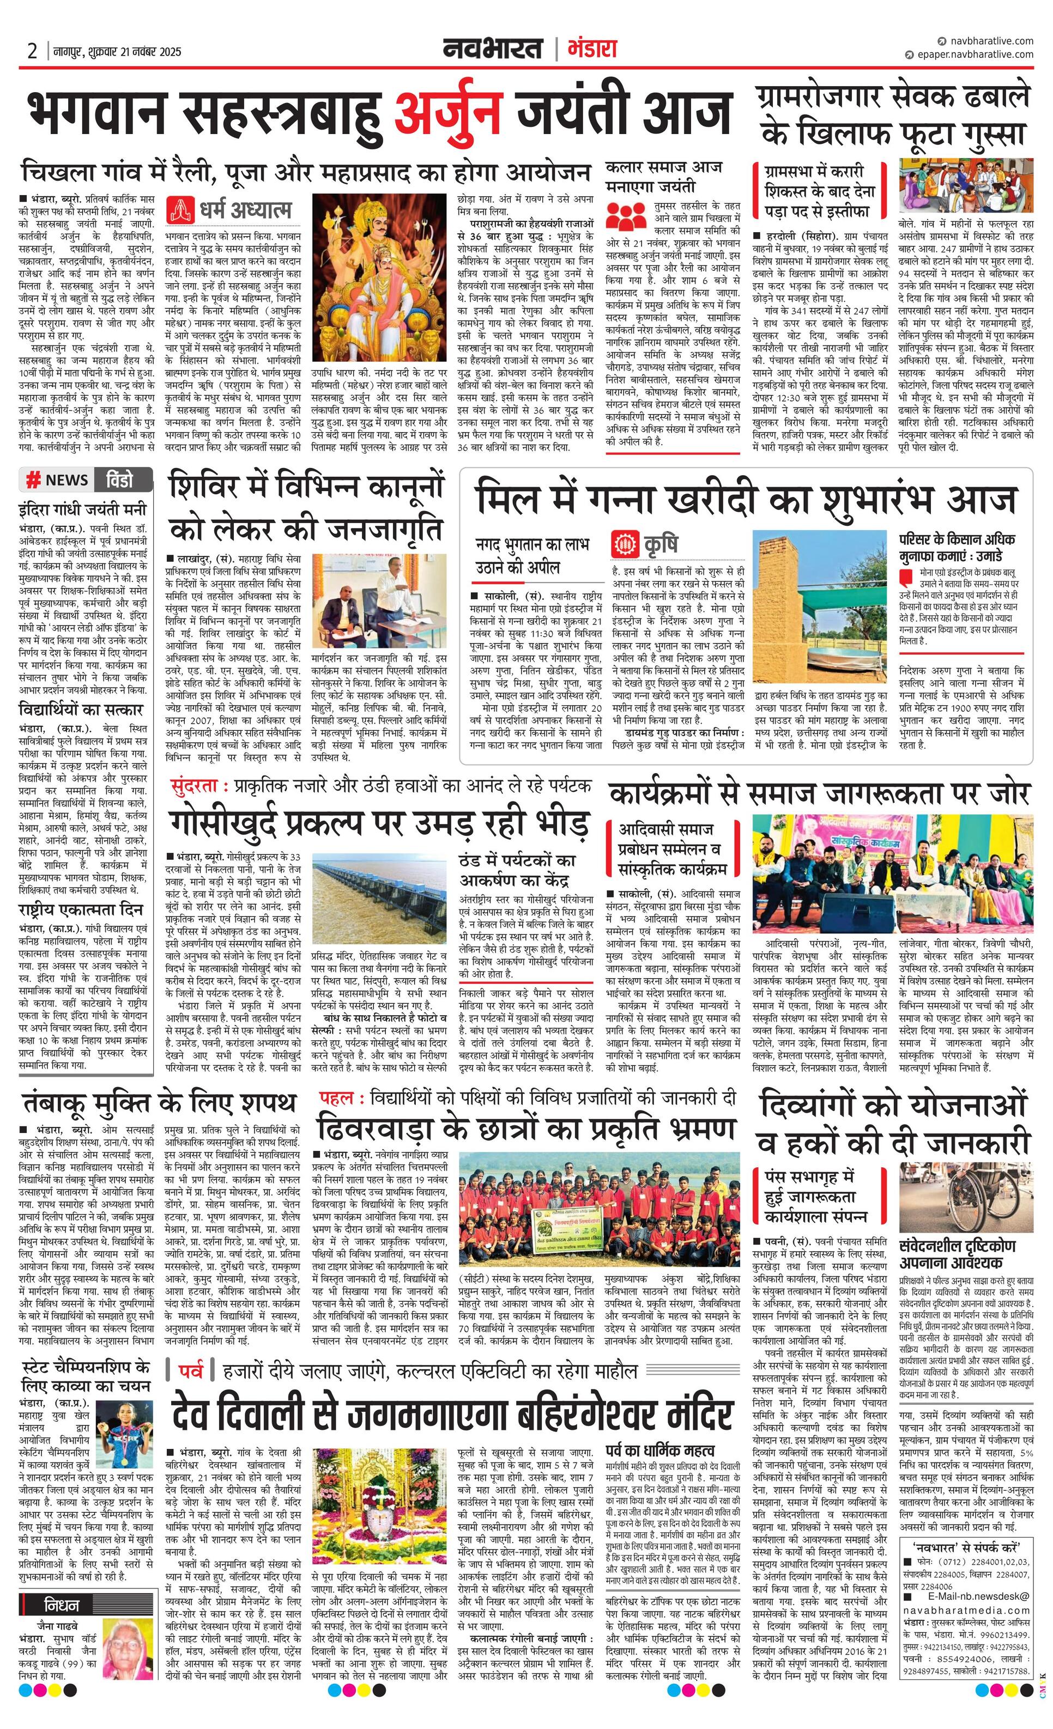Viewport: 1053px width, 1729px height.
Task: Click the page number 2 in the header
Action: (x=32, y=51)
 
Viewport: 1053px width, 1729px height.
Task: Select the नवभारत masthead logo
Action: (x=493, y=49)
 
